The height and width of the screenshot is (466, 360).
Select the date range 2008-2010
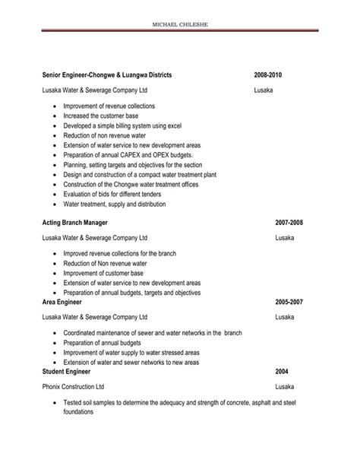269,75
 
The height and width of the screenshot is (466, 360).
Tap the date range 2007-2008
288,222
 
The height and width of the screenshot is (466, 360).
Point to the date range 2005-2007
288,302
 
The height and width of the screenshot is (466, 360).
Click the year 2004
282,372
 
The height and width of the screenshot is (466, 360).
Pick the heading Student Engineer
67,372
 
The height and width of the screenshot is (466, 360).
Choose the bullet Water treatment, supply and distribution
114,204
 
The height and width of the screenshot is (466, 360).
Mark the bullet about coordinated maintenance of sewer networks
142,332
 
